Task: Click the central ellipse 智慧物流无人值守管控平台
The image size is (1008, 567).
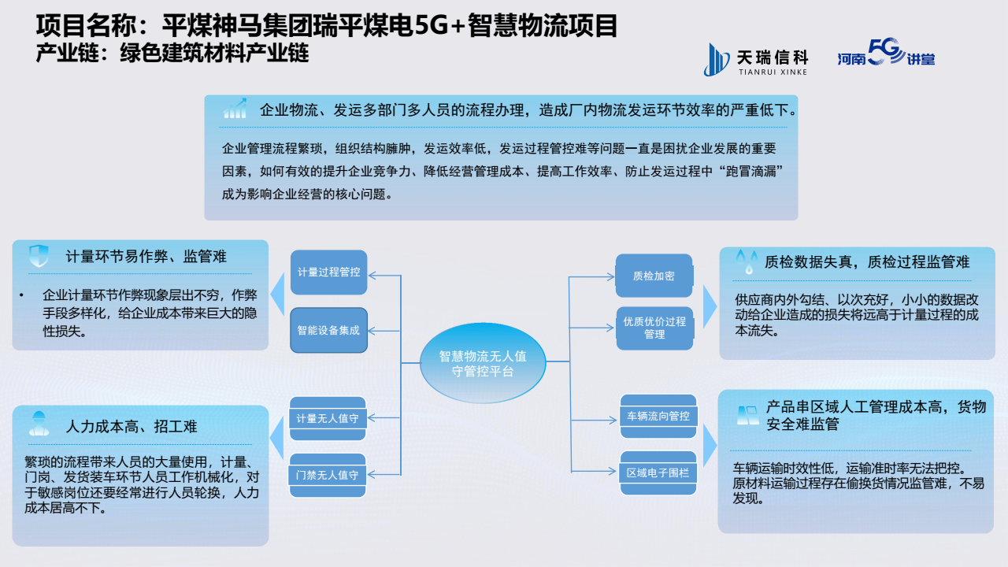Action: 483,363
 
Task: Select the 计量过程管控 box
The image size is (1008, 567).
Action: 328,272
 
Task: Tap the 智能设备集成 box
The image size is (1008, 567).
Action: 328,330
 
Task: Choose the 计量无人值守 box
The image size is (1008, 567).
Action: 328,418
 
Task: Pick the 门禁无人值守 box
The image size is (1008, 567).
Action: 328,475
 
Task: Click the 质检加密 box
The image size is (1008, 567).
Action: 654,276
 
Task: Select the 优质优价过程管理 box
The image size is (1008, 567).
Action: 654,328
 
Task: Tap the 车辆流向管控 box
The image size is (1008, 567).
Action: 658,415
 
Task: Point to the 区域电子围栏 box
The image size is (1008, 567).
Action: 658,472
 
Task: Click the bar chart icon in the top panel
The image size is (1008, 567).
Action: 235,109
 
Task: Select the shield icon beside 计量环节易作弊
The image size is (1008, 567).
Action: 39,256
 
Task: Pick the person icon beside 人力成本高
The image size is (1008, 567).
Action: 38,424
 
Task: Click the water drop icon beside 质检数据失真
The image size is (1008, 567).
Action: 744,261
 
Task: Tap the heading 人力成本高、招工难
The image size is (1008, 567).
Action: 132,427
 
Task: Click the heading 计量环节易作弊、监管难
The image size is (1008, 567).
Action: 146,256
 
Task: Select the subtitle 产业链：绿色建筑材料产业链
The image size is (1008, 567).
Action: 172,54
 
